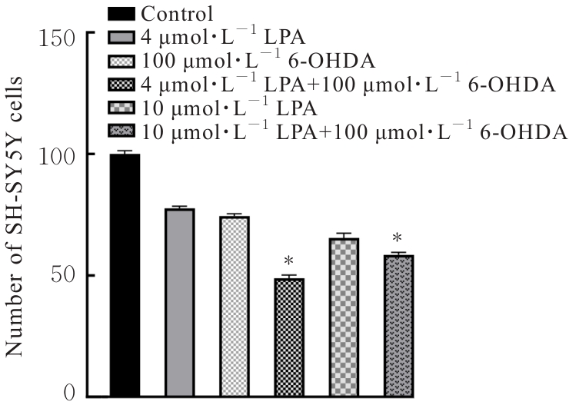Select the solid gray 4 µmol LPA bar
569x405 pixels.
pos(179,303)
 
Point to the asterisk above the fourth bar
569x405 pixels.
pos(289,261)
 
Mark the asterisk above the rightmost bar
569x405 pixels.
pos(398,237)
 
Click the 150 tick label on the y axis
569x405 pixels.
pos(58,37)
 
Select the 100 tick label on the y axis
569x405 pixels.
pos(58,155)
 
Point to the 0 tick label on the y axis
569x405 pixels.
pos(71,395)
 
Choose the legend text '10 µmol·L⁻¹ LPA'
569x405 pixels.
pos(201,105)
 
